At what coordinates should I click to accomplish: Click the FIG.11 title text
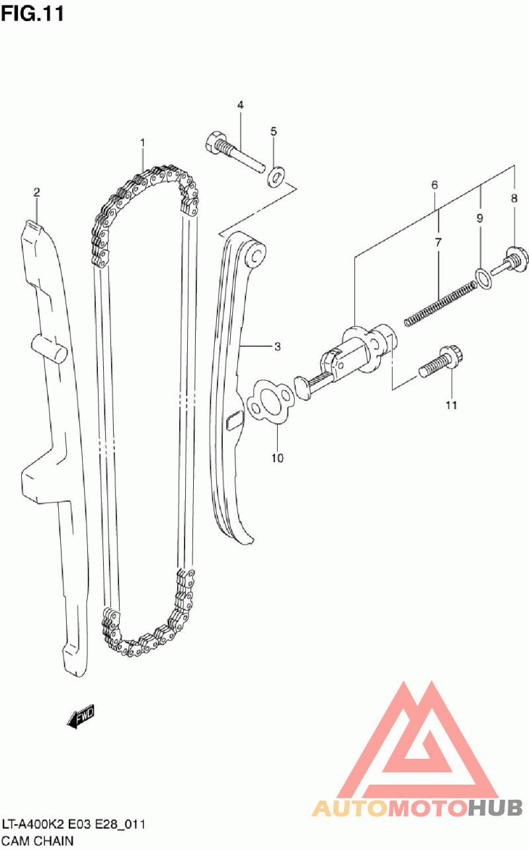click(x=32, y=14)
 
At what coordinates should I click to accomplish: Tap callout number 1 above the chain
click(x=142, y=142)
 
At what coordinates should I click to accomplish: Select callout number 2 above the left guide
click(x=37, y=192)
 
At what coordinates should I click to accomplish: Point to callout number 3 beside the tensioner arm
click(x=278, y=346)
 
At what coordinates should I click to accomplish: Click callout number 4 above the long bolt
click(x=240, y=105)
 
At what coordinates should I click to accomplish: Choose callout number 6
click(x=434, y=186)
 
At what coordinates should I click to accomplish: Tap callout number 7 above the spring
click(x=438, y=243)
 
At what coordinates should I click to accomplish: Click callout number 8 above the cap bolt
click(x=514, y=198)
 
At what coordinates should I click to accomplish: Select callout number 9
click(x=480, y=217)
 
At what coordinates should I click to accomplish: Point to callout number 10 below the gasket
click(x=277, y=457)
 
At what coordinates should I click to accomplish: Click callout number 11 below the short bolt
click(x=451, y=405)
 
